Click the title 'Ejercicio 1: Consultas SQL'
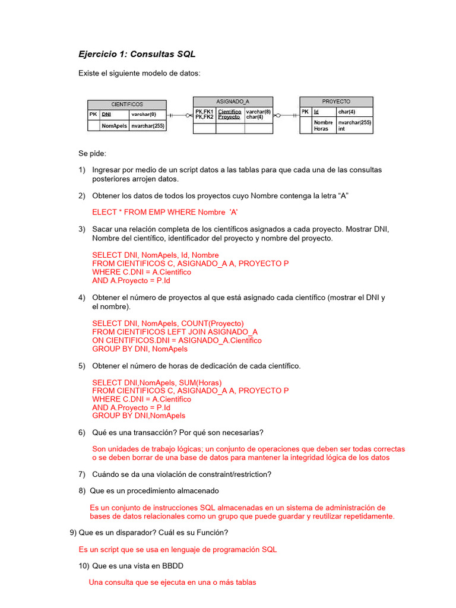(137, 54)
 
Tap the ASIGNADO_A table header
(233, 102)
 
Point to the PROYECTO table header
(336, 102)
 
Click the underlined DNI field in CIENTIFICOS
(106, 114)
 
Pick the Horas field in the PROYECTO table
(321, 129)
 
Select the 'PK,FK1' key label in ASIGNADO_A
(204, 111)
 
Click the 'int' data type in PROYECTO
(341, 129)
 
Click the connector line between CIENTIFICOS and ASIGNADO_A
(180, 115)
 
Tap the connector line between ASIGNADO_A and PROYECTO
(286, 115)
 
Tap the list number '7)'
(82, 474)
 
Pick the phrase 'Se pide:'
(92, 153)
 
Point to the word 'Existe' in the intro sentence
(90, 73)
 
